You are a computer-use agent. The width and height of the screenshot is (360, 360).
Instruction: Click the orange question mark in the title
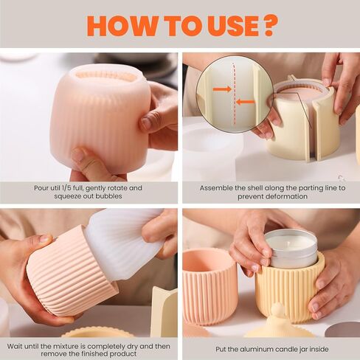266,26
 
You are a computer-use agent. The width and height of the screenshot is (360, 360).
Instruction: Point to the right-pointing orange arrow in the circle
222,89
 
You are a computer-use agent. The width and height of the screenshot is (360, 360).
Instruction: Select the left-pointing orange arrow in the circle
245,101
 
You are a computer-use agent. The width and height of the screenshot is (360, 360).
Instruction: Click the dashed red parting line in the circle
234,94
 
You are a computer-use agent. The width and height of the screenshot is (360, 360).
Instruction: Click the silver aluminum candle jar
291,249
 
